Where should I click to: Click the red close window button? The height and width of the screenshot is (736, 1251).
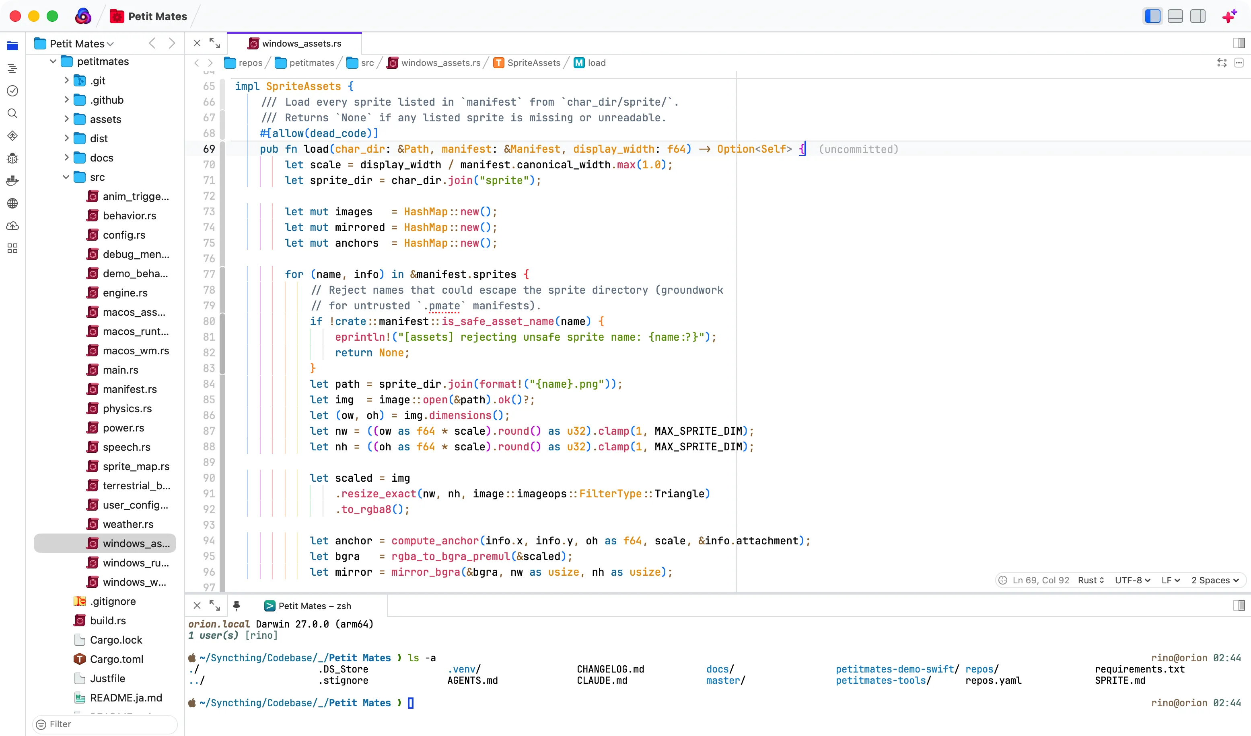pyautogui.click(x=15, y=16)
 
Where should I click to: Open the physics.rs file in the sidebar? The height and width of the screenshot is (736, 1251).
pyautogui.click(x=127, y=408)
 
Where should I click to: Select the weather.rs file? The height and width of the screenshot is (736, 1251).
pyautogui.click(x=128, y=524)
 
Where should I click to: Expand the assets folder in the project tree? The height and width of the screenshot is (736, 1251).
pyautogui.click(x=66, y=119)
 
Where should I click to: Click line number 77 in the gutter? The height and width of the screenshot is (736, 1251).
pyautogui.click(x=209, y=274)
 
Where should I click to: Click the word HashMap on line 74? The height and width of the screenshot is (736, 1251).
pyautogui.click(x=426, y=227)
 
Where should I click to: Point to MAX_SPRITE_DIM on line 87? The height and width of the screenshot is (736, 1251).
pyautogui.click(x=698, y=431)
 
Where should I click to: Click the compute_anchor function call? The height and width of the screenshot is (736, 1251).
pyautogui.click(x=435, y=541)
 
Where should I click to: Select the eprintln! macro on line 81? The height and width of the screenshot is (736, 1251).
pyautogui.click(x=362, y=337)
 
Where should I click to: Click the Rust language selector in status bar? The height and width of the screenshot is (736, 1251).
pyautogui.click(x=1091, y=580)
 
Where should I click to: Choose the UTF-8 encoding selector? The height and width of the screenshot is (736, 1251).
pyautogui.click(x=1132, y=580)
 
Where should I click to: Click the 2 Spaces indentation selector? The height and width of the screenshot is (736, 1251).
pyautogui.click(x=1215, y=580)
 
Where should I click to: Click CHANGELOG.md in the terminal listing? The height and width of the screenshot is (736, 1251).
pyautogui.click(x=610, y=669)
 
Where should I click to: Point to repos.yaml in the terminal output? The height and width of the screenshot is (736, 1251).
pyautogui.click(x=993, y=681)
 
